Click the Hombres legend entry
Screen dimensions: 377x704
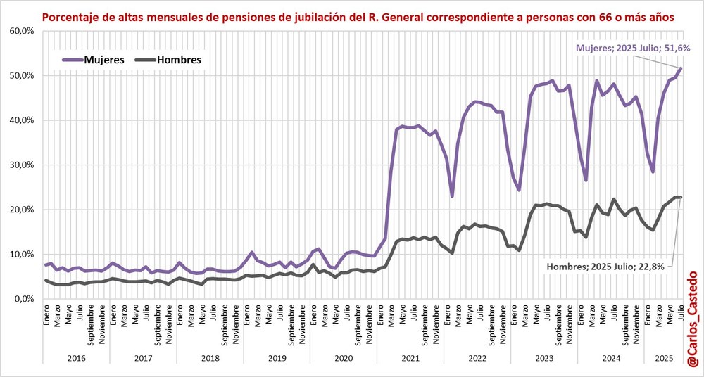click(x=169, y=60)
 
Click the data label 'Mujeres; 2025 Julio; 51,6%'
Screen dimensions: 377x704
click(x=632, y=48)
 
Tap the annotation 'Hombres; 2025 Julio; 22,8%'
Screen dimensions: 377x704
click(x=608, y=267)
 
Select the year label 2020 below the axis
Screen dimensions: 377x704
click(x=343, y=358)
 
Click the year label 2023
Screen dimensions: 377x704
click(x=543, y=358)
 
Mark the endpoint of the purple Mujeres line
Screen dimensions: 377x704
click(x=681, y=68)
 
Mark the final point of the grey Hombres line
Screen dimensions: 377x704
click(x=681, y=197)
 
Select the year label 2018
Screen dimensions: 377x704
click(x=209, y=358)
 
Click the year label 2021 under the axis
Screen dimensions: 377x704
click(x=410, y=358)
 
